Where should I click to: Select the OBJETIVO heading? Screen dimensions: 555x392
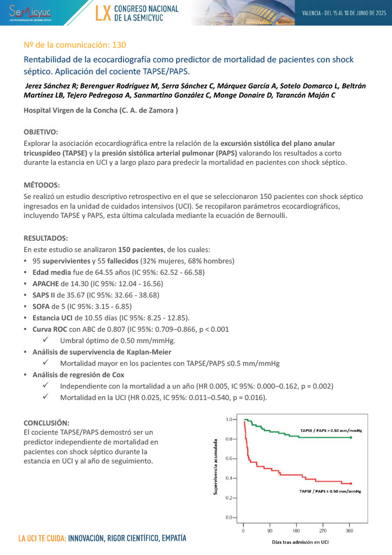pos(41,132)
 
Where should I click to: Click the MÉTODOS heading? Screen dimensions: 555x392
pos(42,185)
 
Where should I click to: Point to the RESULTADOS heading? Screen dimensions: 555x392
pos(45,238)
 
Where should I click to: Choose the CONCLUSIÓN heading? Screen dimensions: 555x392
pos(47,422)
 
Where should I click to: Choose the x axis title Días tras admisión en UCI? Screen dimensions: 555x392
pos(297,542)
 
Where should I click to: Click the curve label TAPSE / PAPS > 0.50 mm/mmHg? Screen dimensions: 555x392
pos(330,430)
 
